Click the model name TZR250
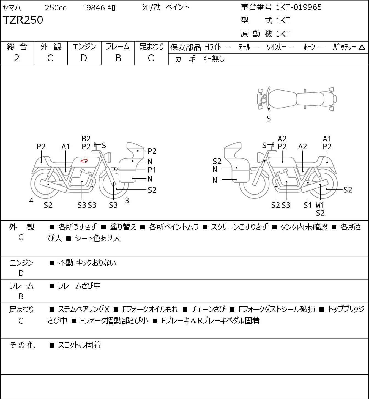point(23,20)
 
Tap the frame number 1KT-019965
point(299,7)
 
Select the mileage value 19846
point(94,8)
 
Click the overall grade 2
point(17,58)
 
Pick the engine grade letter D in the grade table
point(84,58)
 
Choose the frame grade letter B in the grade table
point(118,58)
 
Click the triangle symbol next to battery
point(362,47)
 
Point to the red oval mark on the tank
point(84,160)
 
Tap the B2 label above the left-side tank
point(86,139)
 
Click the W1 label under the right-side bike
point(320,205)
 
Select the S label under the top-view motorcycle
point(269,119)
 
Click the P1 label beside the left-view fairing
point(152,170)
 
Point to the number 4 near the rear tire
point(31,200)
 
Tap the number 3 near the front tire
point(127,200)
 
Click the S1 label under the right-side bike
point(308,205)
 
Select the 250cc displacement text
point(56,8)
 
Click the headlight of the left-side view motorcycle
point(108,157)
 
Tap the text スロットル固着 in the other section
point(80,345)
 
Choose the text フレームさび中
point(79,286)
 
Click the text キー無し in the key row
point(214,59)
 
